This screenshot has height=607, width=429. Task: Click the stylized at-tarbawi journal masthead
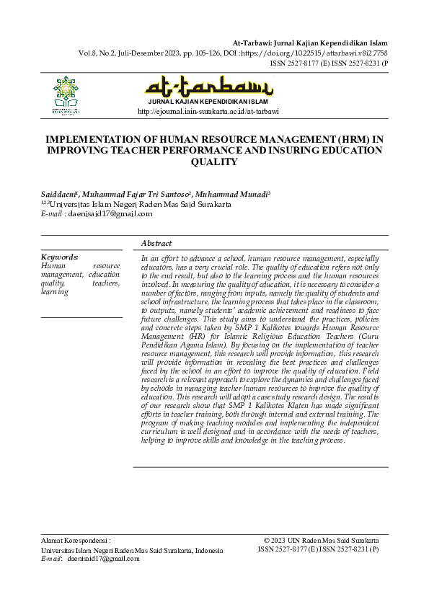point(209,89)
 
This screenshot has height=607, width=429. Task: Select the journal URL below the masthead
point(208,112)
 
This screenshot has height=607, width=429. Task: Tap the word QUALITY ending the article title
point(214,163)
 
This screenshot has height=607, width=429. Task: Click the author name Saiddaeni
point(60,195)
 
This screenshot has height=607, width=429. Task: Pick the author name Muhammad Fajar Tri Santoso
point(137,195)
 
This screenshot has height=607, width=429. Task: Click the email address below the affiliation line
point(107,213)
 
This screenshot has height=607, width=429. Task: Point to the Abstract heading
point(156,244)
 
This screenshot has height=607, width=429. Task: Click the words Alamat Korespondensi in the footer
point(76,540)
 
